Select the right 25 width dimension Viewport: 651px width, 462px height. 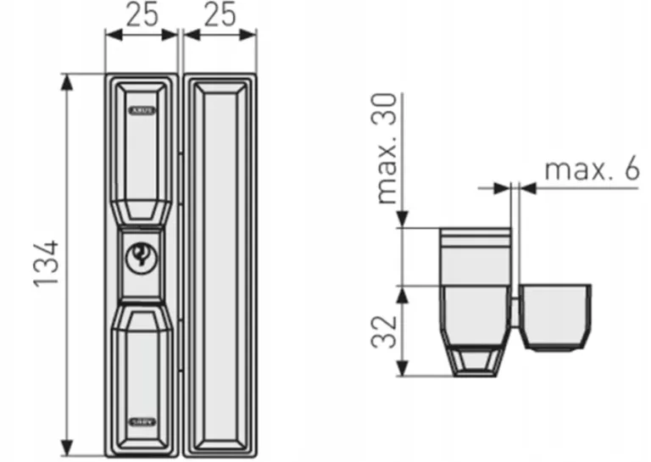point(220,14)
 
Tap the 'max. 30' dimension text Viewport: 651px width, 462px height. point(387,149)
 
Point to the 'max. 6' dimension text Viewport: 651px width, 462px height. point(591,169)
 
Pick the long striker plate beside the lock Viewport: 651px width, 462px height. point(220,263)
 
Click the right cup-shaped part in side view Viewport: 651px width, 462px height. point(556,314)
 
